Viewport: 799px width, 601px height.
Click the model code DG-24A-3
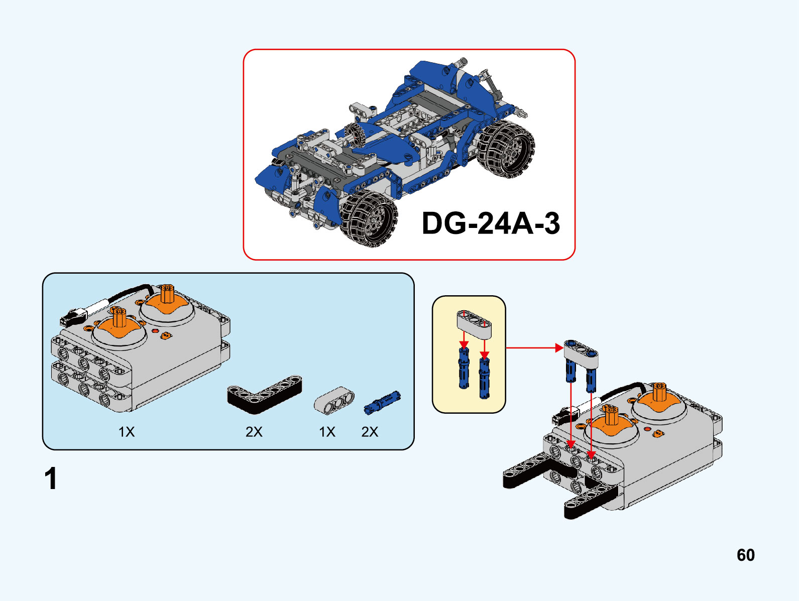[491, 223]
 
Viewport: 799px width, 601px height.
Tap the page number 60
[746, 555]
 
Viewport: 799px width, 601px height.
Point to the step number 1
[51, 479]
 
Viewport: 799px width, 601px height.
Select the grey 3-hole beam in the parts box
[334, 400]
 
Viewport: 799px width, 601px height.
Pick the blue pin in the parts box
[382, 402]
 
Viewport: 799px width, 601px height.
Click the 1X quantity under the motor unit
[127, 432]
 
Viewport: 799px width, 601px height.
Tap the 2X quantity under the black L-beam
[254, 432]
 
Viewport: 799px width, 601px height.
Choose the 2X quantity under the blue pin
[370, 432]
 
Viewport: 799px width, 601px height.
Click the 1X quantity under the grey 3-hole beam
[327, 432]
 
